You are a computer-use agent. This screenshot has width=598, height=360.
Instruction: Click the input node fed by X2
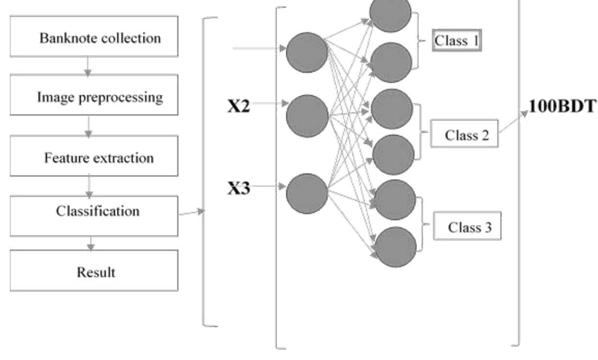pos(307,116)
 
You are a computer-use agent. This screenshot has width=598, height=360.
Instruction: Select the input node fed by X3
pos(307,193)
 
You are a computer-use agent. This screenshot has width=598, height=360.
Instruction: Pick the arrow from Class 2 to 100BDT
pos(515,121)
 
